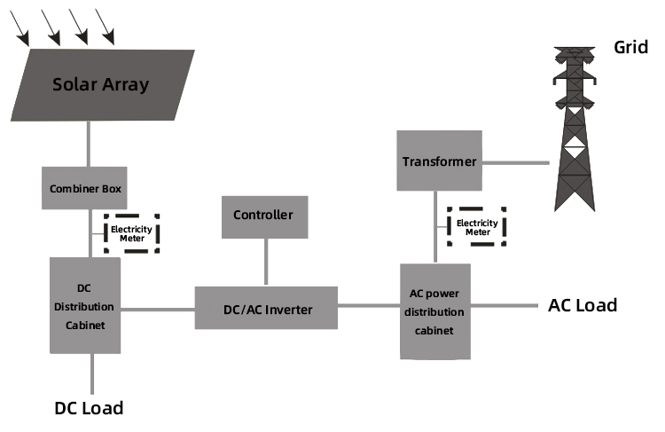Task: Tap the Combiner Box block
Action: pos(85,188)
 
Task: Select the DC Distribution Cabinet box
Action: pos(85,306)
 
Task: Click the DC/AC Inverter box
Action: pos(266,309)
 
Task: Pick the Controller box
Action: pos(263,215)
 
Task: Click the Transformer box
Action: pos(440,161)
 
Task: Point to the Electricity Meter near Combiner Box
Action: pos(131,232)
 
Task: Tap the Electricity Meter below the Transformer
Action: pos(477,227)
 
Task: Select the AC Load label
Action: pos(583,306)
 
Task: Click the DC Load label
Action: pos(89,408)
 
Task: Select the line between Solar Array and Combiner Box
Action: pos(88,144)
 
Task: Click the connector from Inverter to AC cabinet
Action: pos(369,307)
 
